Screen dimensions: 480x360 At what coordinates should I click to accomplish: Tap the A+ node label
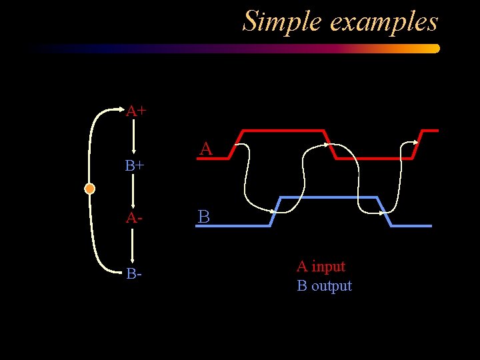coord(136,111)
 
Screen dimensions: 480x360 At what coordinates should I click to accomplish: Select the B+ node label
coord(135,165)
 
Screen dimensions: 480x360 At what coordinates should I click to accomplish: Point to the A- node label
coord(134,218)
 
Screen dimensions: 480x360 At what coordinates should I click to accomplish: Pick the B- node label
coord(133,273)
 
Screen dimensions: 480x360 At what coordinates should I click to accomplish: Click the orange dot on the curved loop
coord(89,189)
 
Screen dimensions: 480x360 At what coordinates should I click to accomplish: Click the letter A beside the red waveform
coord(206,149)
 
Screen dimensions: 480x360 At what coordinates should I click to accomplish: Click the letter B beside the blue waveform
coord(204,217)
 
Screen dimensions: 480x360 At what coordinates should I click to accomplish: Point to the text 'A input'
coord(321,267)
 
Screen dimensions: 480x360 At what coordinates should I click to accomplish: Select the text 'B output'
coord(324,286)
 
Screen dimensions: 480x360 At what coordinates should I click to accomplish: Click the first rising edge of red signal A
coord(235,144)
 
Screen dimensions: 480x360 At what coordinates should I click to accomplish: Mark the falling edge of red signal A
coord(329,144)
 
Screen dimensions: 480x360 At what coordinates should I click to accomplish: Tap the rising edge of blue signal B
coord(275,211)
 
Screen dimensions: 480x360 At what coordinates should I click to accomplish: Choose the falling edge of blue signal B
coord(383,211)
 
